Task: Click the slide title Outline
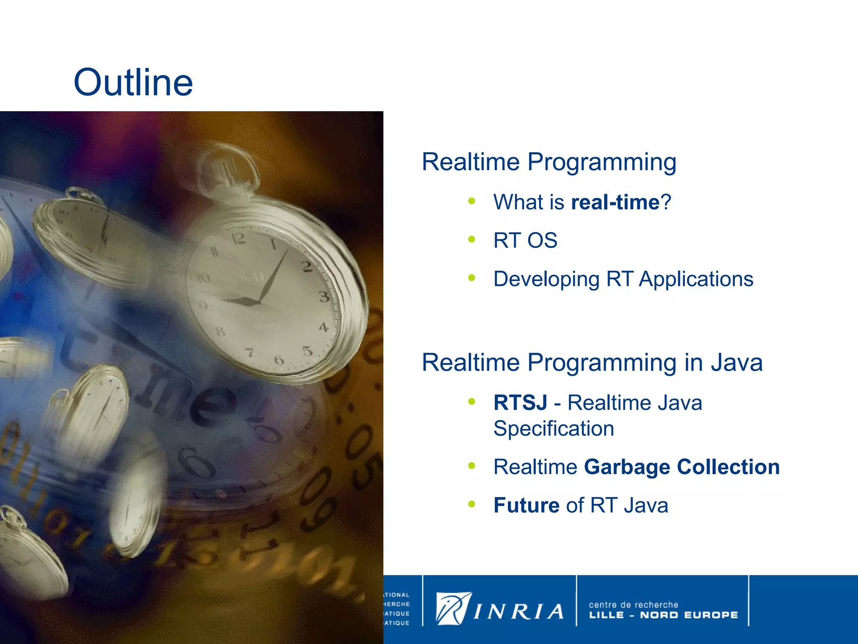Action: click(133, 83)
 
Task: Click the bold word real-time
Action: click(615, 203)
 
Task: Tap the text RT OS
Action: click(525, 241)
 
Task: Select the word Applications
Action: click(696, 279)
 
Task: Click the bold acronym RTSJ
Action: click(520, 403)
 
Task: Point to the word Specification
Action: click(553, 429)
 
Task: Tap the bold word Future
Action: click(526, 505)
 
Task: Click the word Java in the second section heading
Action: click(737, 363)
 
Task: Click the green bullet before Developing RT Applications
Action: click(472, 278)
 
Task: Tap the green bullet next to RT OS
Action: click(472, 239)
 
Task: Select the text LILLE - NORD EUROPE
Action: click(663, 615)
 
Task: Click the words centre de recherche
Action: click(633, 605)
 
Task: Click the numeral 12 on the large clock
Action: click(239, 239)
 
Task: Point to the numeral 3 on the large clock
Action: click(324, 297)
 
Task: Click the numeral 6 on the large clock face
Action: click(279, 360)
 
